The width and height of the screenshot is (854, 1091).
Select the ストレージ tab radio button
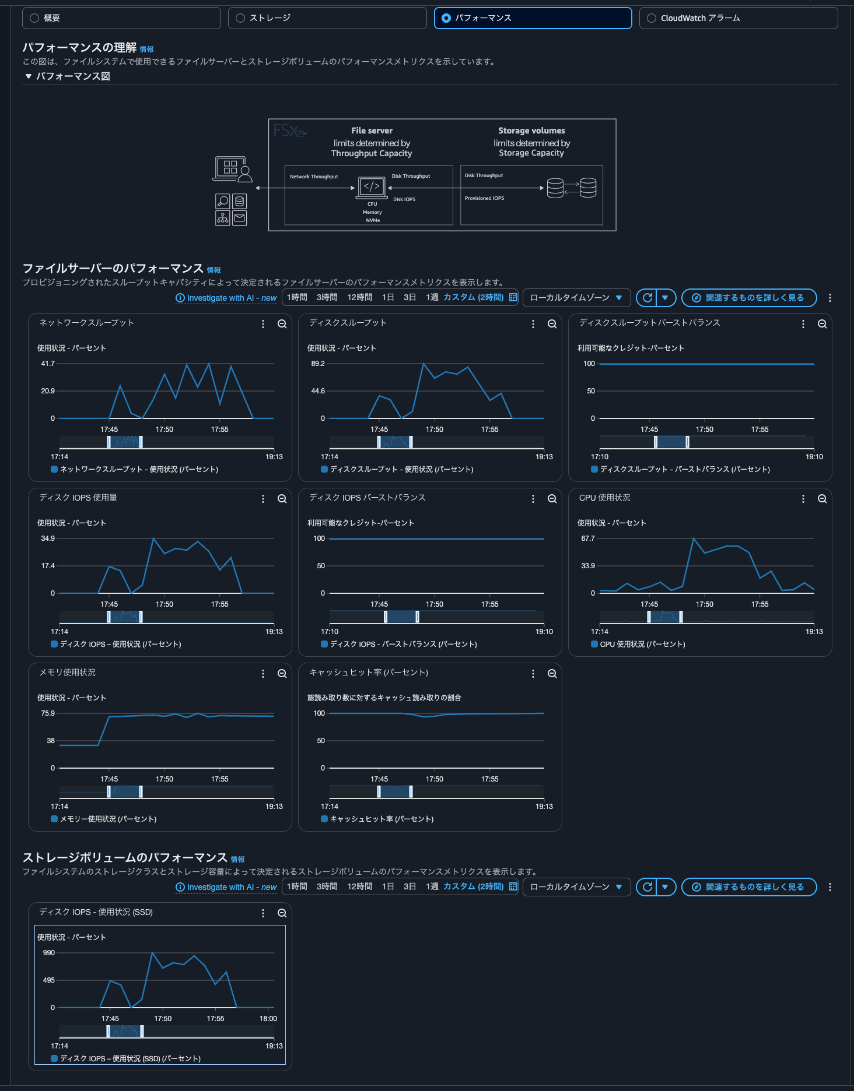click(240, 18)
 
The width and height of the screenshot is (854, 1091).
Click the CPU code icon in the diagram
click(372, 187)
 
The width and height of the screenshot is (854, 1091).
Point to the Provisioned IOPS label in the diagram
click(484, 198)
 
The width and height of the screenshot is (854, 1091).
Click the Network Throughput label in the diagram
click(314, 177)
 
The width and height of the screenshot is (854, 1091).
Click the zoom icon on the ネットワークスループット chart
click(282, 324)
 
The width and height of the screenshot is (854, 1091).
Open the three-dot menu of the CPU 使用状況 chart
click(803, 499)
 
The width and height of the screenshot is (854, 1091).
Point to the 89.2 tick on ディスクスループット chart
click(318, 364)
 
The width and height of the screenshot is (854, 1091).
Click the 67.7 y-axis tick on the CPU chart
click(588, 539)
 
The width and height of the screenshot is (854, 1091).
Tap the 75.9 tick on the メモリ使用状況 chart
click(48, 713)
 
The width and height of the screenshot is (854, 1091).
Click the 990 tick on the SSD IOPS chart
click(49, 953)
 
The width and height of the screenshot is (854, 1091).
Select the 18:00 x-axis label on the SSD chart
click(268, 1019)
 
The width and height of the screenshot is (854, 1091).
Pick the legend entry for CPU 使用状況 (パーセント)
click(642, 644)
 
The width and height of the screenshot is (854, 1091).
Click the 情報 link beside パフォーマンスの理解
click(146, 50)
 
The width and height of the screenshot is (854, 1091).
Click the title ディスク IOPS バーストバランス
click(367, 498)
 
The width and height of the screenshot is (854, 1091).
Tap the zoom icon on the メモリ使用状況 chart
click(282, 674)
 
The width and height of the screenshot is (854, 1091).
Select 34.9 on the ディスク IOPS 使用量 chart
click(48, 539)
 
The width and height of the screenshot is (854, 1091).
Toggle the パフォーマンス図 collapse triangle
click(28, 76)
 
